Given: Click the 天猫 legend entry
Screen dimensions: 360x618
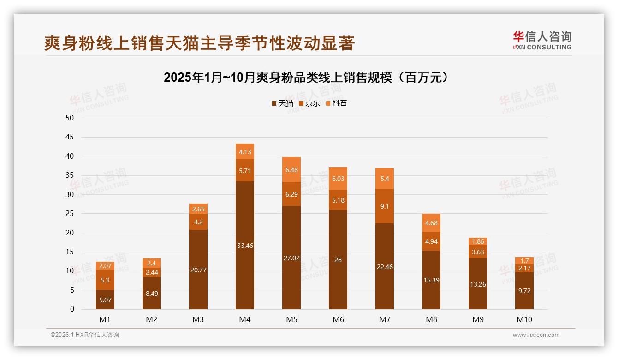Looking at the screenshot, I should pyautogui.click(x=283, y=103).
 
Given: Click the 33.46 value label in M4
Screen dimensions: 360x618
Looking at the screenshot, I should pyautogui.click(x=245, y=246).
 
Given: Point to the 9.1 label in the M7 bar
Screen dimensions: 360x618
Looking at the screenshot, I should pyautogui.click(x=385, y=206).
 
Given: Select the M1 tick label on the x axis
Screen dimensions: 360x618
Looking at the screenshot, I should pyautogui.click(x=105, y=319).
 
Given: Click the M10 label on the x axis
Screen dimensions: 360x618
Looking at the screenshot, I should pyautogui.click(x=524, y=319).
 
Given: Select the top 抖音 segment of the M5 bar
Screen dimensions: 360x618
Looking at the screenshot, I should pyautogui.click(x=291, y=169).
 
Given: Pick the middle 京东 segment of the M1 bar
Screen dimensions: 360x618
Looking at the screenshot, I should pyautogui.click(x=105, y=280).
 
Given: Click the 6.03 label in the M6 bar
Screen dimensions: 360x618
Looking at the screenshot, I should pyautogui.click(x=338, y=179).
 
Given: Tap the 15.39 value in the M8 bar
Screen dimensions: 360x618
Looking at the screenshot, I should pyautogui.click(x=431, y=280).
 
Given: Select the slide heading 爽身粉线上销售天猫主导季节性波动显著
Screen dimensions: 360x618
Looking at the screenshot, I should pyautogui.click(x=199, y=43).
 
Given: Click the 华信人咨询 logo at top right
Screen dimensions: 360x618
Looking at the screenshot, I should pyautogui.click(x=542, y=40).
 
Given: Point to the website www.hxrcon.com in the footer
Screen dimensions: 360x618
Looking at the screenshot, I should pyautogui.click(x=536, y=335).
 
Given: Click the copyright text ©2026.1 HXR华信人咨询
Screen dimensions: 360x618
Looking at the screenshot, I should pyautogui.click(x=85, y=335).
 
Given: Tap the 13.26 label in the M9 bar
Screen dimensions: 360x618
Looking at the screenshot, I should pyautogui.click(x=478, y=284).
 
